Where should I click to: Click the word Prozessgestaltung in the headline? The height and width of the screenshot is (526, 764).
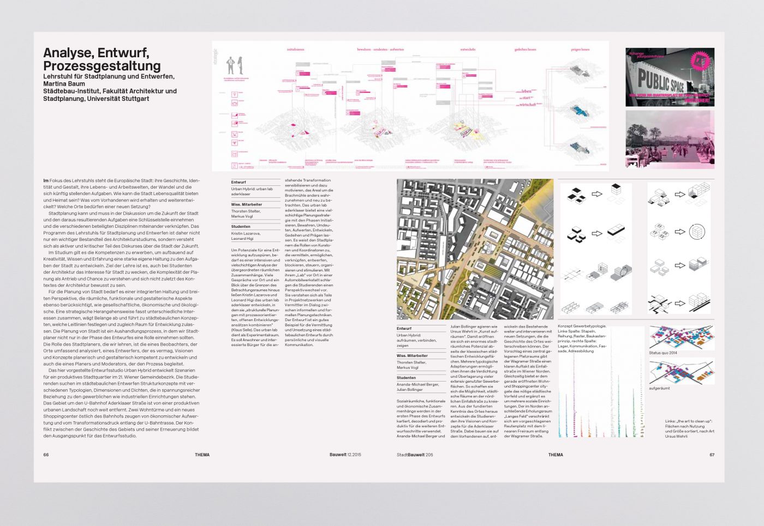(102, 66)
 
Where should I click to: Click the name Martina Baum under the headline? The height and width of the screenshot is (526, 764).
(64, 84)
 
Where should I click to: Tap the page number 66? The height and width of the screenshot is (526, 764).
(46, 455)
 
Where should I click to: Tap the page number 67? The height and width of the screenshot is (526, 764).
(712, 455)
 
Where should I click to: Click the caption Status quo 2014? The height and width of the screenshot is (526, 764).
(662, 353)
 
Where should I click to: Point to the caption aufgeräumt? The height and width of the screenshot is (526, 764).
(659, 388)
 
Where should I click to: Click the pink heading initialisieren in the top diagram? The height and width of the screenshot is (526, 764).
(295, 50)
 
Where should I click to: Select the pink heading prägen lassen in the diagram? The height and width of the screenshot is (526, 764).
(580, 50)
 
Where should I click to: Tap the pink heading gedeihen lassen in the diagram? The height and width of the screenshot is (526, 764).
(525, 50)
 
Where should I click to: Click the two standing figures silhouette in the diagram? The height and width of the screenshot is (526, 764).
(234, 65)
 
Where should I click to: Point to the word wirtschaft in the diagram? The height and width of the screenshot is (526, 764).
(528, 105)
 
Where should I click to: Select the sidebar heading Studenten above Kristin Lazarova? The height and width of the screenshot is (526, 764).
(241, 226)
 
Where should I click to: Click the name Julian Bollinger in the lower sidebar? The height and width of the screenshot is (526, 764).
(409, 390)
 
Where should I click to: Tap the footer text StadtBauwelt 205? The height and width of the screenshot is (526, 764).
(414, 455)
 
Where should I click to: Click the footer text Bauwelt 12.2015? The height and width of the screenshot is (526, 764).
(345, 455)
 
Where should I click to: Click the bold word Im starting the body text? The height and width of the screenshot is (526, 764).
(46, 180)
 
